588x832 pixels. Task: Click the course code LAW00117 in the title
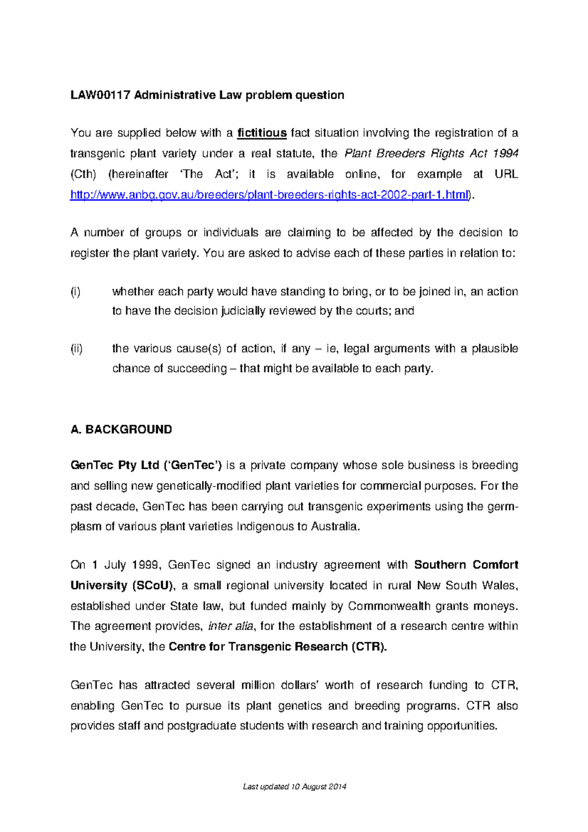click(100, 95)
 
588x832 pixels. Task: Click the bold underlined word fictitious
click(262, 133)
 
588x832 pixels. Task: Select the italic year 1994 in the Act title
click(505, 154)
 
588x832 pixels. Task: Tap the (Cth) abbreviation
click(83, 174)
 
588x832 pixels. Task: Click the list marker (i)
click(75, 292)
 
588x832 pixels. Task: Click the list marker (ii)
click(76, 348)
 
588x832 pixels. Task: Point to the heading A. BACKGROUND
click(121, 430)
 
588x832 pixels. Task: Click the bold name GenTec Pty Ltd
click(115, 465)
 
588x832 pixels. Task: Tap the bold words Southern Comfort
click(465, 565)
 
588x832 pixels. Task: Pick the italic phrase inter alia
click(231, 626)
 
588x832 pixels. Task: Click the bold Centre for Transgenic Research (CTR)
click(277, 647)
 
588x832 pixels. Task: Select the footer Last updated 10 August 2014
click(294, 787)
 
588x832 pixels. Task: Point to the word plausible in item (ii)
click(494, 348)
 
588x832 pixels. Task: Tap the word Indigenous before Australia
click(264, 527)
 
